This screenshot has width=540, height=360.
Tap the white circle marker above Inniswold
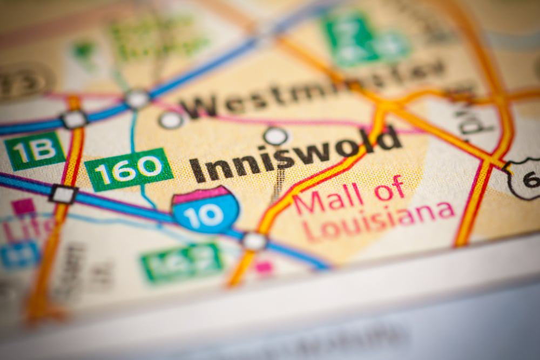[x=275, y=135]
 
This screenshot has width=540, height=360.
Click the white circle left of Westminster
[x=171, y=120]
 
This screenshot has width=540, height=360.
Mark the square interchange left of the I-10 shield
[x=63, y=194]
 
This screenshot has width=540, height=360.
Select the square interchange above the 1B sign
[x=74, y=119]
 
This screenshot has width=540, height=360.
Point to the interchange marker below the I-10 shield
[x=254, y=241]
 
